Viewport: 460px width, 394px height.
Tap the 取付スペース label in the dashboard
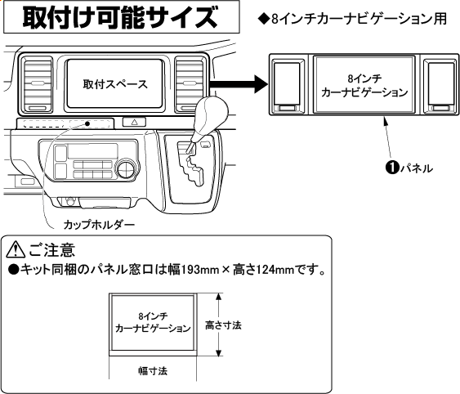[114, 84]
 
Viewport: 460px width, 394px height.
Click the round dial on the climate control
[127, 170]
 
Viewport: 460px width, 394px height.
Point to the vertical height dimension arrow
[218, 325]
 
